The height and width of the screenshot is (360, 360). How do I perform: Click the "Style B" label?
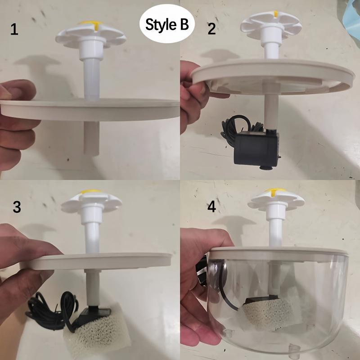tap(166, 24)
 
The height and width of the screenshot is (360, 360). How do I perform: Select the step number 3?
tap(17, 207)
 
